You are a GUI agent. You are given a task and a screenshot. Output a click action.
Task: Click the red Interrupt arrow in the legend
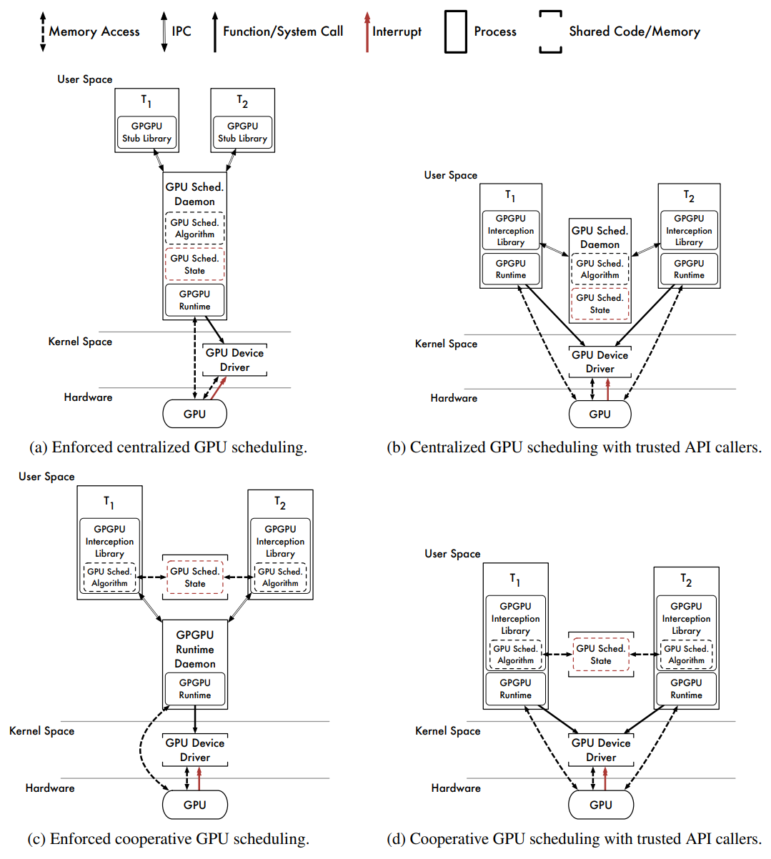(x=367, y=32)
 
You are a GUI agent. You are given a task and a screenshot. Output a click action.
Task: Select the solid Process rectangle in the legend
(x=456, y=32)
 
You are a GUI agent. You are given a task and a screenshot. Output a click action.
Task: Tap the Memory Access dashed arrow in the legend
(x=43, y=32)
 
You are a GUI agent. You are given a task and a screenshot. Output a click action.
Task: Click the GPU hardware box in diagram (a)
(x=194, y=413)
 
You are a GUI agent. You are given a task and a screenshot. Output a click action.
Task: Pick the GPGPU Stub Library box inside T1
(x=146, y=132)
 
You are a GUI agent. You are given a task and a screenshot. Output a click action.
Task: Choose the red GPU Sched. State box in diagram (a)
(x=194, y=264)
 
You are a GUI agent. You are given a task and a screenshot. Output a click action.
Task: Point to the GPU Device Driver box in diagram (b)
(x=600, y=362)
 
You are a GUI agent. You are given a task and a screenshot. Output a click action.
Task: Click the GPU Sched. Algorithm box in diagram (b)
(x=600, y=269)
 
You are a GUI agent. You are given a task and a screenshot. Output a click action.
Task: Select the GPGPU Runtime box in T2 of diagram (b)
(x=689, y=269)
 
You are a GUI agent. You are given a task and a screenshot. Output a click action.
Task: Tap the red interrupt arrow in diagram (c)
(x=199, y=778)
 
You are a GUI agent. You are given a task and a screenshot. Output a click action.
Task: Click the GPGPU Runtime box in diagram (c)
(x=195, y=688)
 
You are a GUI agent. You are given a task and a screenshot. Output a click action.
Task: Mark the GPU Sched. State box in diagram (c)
(x=195, y=577)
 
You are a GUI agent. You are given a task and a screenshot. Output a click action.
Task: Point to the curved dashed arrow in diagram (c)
(x=140, y=750)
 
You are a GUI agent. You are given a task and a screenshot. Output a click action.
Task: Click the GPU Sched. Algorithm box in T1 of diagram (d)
(x=515, y=654)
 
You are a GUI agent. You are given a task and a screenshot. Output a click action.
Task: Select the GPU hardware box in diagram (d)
(x=601, y=804)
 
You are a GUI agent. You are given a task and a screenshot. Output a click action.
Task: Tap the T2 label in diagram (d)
(x=686, y=580)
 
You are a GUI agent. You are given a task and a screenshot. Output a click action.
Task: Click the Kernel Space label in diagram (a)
(x=80, y=342)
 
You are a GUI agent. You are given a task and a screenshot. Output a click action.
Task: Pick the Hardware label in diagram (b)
(x=454, y=398)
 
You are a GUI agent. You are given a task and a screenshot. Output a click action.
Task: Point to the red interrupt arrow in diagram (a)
(x=218, y=388)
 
